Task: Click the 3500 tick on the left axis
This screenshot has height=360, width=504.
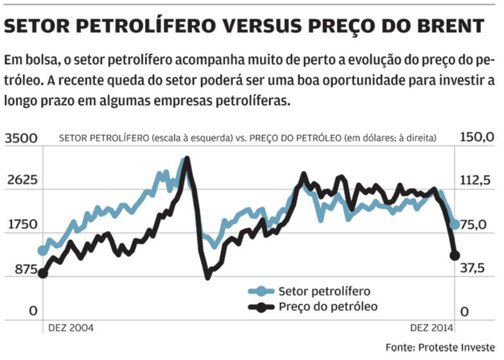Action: [22, 138]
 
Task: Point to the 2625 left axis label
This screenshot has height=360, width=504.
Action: [22, 181]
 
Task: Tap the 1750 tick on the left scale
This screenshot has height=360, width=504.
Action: [22, 225]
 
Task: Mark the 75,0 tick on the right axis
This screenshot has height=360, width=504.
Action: [476, 225]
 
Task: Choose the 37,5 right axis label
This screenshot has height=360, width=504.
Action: [476, 269]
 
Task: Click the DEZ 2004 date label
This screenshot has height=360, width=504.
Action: [71, 327]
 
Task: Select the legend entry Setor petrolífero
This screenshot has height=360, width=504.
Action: [324, 291]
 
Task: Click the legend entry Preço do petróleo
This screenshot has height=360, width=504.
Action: [328, 306]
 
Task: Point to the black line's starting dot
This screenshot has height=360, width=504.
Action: [43, 273]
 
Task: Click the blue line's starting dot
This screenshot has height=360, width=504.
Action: [43, 250]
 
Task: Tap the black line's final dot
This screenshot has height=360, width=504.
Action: [455, 255]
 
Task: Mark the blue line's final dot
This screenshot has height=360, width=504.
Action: [455, 224]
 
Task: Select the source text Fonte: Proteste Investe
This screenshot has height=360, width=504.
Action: [440, 347]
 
